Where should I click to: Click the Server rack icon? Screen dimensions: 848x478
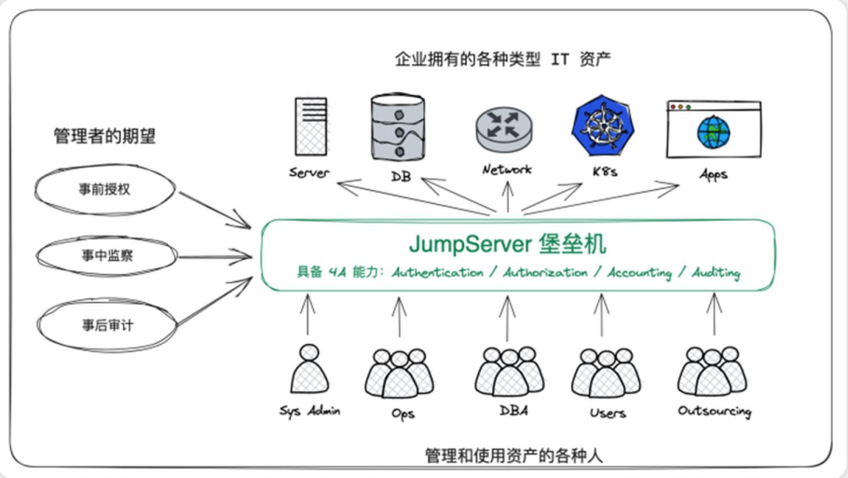311,127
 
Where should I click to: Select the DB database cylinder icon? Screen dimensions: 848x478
398,128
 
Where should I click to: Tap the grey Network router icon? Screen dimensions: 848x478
503,130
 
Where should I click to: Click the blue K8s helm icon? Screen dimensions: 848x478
603,126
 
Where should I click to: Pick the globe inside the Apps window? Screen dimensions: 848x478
713,132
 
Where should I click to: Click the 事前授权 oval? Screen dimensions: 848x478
105,190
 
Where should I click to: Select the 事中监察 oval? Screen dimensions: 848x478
106,255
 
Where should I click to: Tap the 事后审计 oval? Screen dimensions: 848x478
107,325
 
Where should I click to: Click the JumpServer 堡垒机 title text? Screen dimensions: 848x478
507,244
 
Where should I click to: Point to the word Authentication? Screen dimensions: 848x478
438,272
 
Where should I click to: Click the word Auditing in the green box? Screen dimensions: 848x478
716,272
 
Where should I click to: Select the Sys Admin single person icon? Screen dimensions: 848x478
309,369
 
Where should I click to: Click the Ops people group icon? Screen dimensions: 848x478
399,373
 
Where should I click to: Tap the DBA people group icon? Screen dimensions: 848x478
510,371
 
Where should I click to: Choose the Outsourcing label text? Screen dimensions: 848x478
715,412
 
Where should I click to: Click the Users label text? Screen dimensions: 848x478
608,413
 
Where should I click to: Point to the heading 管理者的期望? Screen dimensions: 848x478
105,136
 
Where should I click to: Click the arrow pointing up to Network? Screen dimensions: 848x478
507,197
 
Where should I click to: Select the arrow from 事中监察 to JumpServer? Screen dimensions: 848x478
214,256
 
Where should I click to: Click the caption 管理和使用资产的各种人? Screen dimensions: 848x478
513,456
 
